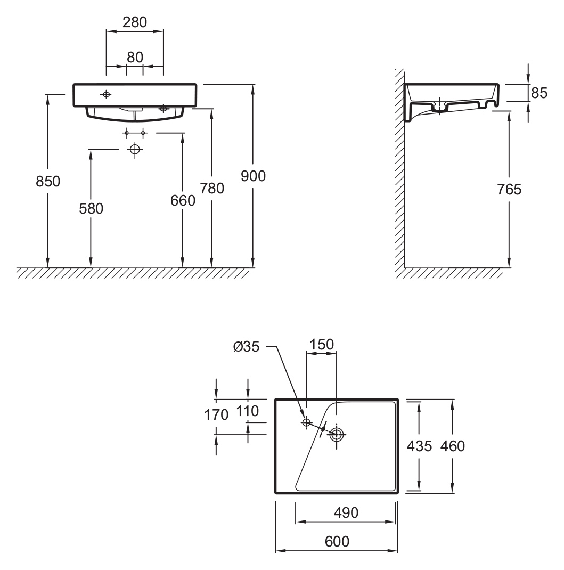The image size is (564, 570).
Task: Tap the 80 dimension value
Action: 135,56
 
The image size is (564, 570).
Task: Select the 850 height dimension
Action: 48,182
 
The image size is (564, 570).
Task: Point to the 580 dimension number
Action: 91,209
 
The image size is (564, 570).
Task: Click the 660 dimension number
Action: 183,200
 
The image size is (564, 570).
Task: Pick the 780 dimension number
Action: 212,188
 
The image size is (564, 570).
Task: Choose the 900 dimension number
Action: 253,176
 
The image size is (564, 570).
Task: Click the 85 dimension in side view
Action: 539,93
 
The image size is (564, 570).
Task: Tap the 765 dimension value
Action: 510,189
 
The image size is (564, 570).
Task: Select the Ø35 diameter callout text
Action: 246,347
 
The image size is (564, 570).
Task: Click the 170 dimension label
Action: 216,414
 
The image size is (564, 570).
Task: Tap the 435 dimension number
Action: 419,446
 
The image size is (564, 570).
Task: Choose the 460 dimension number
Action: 453,446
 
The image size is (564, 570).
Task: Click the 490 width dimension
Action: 346,512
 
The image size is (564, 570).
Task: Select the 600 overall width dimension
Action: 337,541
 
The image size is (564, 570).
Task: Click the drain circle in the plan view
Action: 337,435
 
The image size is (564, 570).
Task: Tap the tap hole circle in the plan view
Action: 306,422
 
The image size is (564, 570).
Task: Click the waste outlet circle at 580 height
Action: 135,150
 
